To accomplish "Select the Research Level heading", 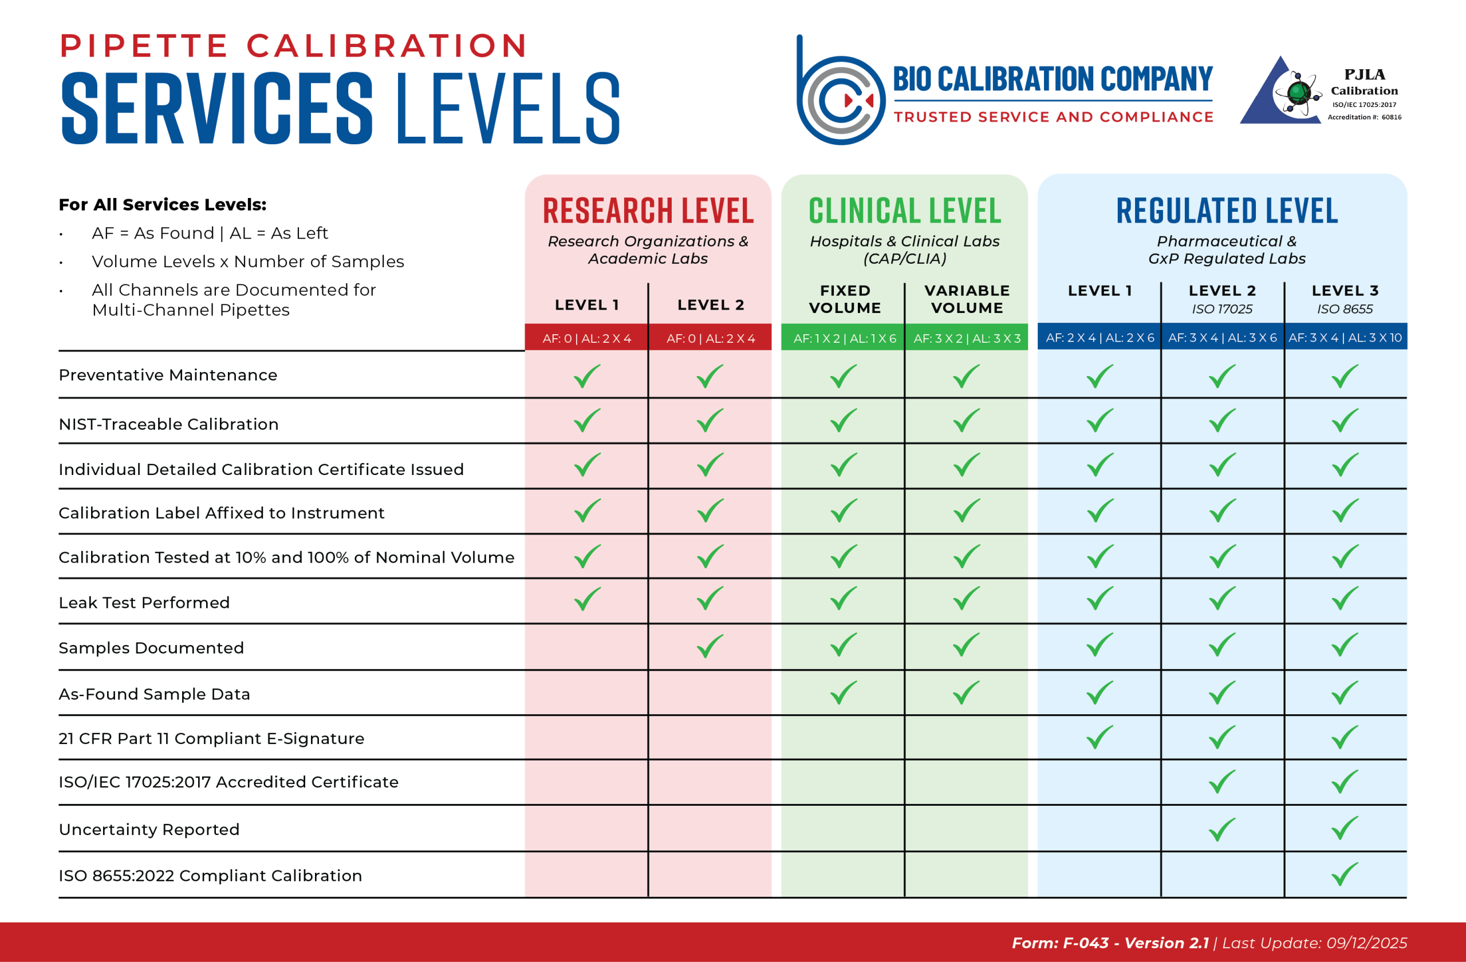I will pyautogui.click(x=648, y=211).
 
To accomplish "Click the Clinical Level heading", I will pyautogui.click(x=904, y=211).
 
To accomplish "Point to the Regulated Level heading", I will pyautogui.click(x=1227, y=211).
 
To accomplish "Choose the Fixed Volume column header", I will pyautogui.click(x=845, y=299).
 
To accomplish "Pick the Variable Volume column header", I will pyautogui.click(x=967, y=299).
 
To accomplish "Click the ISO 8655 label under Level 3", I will pyautogui.click(x=1345, y=309).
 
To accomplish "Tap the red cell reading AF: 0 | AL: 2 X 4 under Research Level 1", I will pyautogui.click(x=586, y=338).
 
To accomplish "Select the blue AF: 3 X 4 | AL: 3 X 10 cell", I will pyautogui.click(x=1345, y=337).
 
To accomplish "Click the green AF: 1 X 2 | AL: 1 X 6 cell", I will pyautogui.click(x=845, y=338).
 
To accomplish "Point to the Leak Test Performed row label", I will pyautogui.click(x=144, y=603).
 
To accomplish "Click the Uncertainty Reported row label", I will pyautogui.click(x=149, y=829).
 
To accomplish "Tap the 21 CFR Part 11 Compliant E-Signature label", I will pyautogui.click(x=211, y=738).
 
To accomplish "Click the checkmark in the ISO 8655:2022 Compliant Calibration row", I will pyautogui.click(x=1344, y=874).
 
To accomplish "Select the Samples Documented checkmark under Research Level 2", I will pyautogui.click(x=710, y=646).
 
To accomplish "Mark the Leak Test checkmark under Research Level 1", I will pyautogui.click(x=586, y=599).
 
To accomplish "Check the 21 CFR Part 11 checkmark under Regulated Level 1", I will pyautogui.click(x=1099, y=737).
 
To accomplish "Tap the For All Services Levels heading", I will pyautogui.click(x=163, y=204).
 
